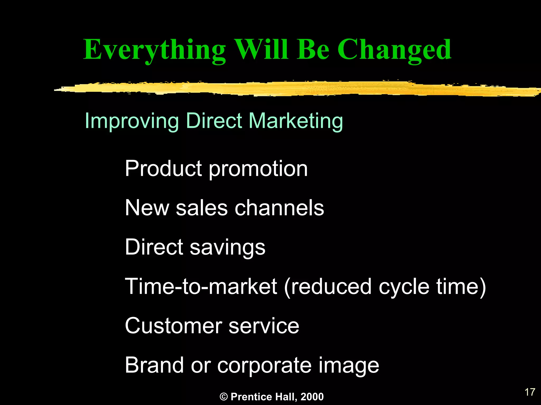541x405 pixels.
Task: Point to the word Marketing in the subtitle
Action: coord(296,121)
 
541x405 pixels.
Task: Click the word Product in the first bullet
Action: coord(164,168)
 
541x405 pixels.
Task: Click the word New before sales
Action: coord(147,208)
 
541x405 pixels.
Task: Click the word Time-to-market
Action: coord(201,286)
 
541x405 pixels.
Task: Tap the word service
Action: coord(264,326)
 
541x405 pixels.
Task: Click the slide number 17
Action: coord(530,392)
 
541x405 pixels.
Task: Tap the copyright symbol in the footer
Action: coord(223,397)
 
